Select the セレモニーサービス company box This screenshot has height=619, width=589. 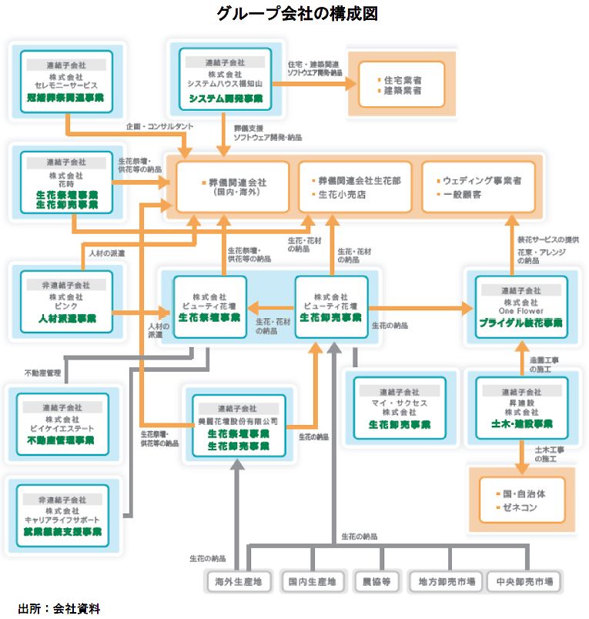pos(65,80)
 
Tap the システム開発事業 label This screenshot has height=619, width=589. pos(226,99)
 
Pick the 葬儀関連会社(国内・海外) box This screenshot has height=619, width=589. pos(233,187)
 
